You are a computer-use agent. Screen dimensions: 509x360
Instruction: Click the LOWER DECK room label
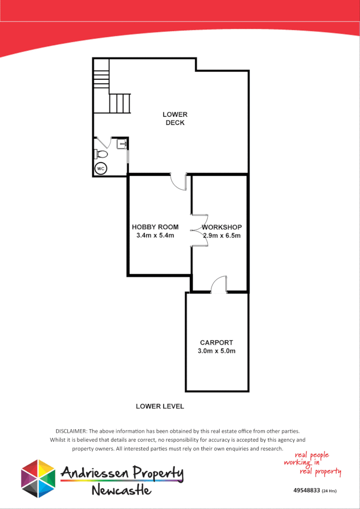(175, 118)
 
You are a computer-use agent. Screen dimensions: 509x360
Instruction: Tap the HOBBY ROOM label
(155, 227)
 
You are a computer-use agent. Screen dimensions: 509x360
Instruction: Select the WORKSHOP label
(222, 227)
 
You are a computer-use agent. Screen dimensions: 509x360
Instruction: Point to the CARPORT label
(216, 342)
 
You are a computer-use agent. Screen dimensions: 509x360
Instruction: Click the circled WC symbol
(100, 169)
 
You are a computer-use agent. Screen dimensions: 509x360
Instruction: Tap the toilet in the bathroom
(101, 154)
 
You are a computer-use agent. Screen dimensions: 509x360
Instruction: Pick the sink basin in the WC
(122, 143)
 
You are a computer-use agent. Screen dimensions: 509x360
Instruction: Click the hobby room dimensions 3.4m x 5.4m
(155, 235)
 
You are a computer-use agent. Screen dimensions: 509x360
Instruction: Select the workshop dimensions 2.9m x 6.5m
(222, 235)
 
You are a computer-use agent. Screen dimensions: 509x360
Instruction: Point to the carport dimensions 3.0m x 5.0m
(216, 351)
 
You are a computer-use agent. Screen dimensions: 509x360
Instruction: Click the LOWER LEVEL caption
(160, 406)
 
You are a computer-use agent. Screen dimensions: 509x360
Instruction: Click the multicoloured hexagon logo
(38, 478)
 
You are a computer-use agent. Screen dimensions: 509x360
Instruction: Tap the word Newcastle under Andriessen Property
(121, 490)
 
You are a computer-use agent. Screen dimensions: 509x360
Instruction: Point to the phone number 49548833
(307, 491)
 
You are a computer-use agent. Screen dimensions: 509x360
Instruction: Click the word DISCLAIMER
(71, 431)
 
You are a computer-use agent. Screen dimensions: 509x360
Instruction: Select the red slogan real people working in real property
(312, 463)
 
